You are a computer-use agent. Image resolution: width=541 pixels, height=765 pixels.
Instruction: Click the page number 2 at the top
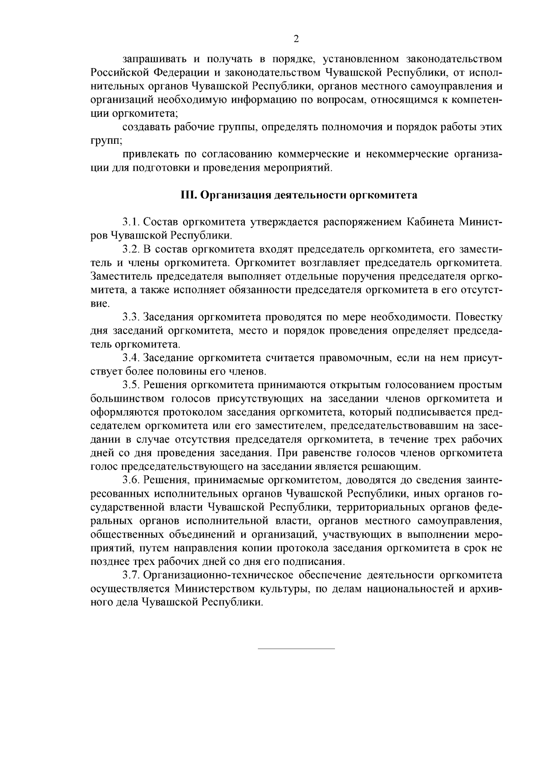click(296, 39)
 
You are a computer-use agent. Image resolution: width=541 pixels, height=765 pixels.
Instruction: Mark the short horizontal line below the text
click(296, 649)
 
